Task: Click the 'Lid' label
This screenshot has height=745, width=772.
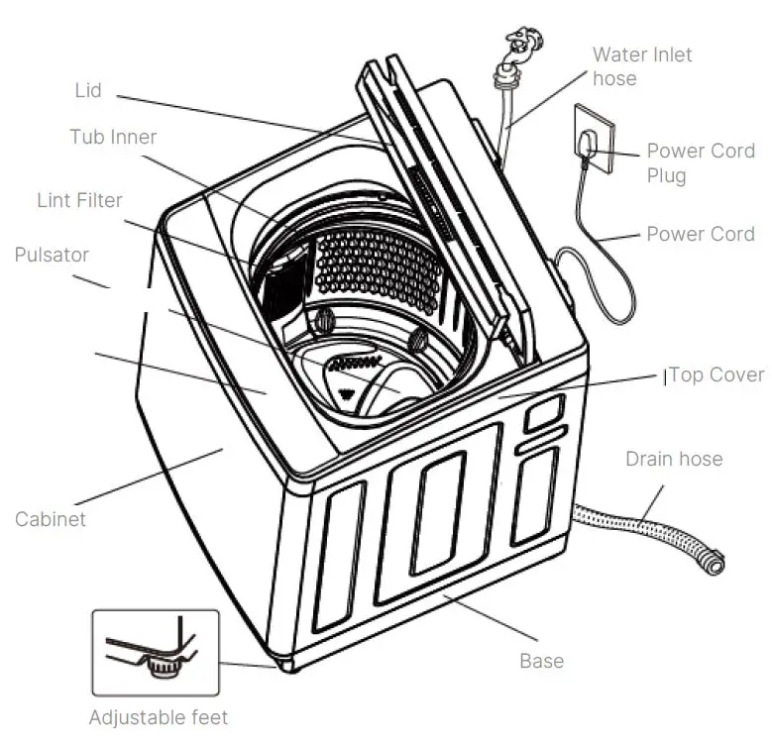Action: (x=88, y=91)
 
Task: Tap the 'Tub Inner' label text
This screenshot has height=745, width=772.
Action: (x=113, y=137)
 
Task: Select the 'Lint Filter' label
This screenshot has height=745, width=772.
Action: (x=79, y=200)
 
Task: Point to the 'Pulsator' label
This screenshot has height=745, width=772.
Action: (x=52, y=255)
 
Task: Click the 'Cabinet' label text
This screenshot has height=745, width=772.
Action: (x=50, y=518)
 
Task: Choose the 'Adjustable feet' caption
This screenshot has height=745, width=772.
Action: (x=159, y=716)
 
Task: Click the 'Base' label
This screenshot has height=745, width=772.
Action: (x=541, y=660)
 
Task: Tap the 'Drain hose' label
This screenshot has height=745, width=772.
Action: (x=674, y=459)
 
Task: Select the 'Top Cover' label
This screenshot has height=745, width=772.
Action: (x=717, y=374)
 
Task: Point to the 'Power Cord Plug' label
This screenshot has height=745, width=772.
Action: (x=701, y=163)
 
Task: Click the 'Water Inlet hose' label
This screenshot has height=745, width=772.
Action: (x=642, y=65)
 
